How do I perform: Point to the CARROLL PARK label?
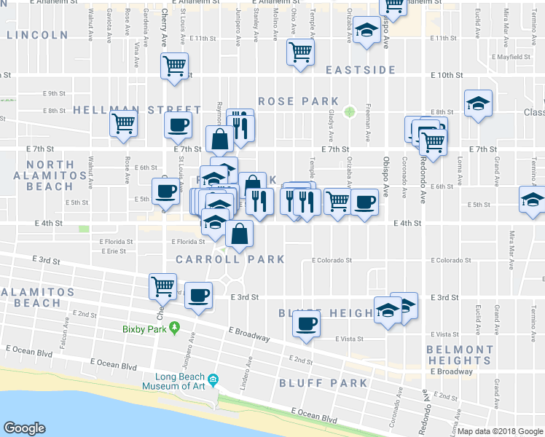coord(230,259)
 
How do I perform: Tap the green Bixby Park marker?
coord(174,327)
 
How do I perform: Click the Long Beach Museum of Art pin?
coord(213,379)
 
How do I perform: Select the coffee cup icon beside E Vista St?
coord(307,323)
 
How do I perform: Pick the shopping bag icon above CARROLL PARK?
coord(239,234)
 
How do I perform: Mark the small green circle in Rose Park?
coord(350,111)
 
